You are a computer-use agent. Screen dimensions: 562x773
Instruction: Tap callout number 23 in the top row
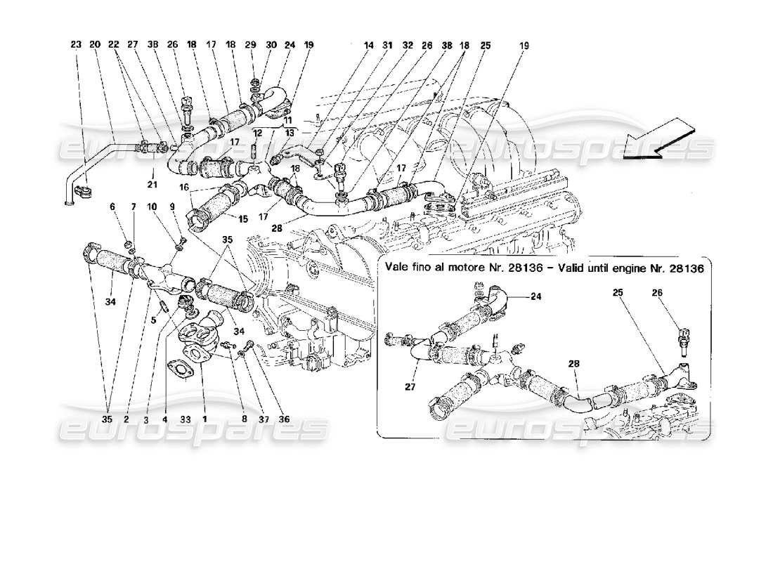(76, 44)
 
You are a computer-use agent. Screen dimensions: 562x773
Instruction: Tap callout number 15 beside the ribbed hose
(242, 219)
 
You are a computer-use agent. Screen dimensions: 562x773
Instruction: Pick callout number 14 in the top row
(368, 44)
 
